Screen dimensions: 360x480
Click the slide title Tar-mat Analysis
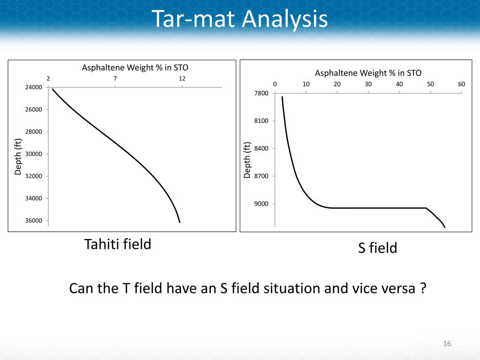[x=240, y=20]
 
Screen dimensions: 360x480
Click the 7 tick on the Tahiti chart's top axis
[x=115, y=78]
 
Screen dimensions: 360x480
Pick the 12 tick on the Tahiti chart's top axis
[x=182, y=78]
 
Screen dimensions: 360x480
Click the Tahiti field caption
[x=118, y=244]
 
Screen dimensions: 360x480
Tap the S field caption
[x=377, y=248]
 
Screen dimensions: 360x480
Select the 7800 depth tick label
[x=262, y=93]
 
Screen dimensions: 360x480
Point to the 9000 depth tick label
[x=262, y=204]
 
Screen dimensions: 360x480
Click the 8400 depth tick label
[x=262, y=149]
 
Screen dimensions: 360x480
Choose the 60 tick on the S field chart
[x=461, y=84]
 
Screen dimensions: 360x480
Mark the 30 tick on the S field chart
[x=368, y=84]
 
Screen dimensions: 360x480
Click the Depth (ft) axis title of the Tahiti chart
[x=18, y=157]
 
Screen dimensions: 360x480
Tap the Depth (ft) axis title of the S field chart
[x=247, y=160]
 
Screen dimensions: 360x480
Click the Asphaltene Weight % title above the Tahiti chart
[x=135, y=68]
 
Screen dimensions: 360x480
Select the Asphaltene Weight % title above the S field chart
[x=368, y=73]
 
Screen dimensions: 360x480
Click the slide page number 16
[x=446, y=345]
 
